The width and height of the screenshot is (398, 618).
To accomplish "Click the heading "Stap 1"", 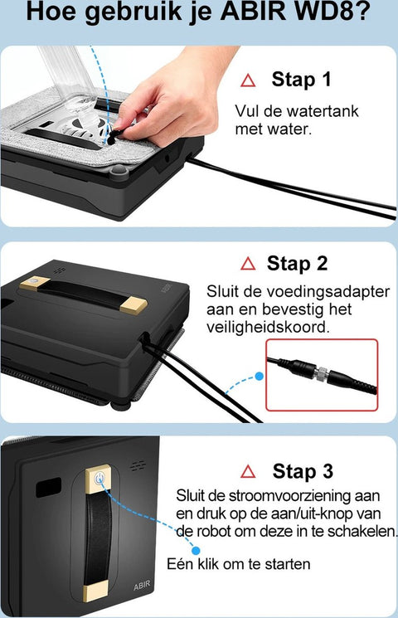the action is tap(301, 80).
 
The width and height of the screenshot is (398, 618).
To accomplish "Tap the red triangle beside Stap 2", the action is tap(248, 263).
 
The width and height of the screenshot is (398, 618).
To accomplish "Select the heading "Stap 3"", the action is tap(303, 471).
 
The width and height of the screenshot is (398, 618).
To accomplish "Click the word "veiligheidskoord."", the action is tap(268, 327).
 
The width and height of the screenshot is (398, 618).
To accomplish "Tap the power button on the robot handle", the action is tap(99, 479).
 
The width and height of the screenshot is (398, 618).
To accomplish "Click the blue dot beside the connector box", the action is tap(260, 377).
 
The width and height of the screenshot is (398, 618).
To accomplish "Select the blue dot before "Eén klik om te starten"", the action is tap(196, 550).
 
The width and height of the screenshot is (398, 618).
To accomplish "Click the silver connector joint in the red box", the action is tap(323, 372).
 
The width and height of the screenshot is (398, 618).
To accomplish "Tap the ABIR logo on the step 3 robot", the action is tap(142, 586).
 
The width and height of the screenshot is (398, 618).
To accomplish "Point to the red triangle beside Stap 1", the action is tap(248, 80).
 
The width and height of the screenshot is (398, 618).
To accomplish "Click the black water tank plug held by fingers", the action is tap(114, 136).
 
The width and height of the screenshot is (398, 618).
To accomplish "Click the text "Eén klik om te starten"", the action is tap(239, 563).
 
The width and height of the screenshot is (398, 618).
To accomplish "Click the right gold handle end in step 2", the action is tap(133, 305).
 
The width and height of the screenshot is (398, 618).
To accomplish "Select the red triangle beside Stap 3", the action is tap(248, 471).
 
